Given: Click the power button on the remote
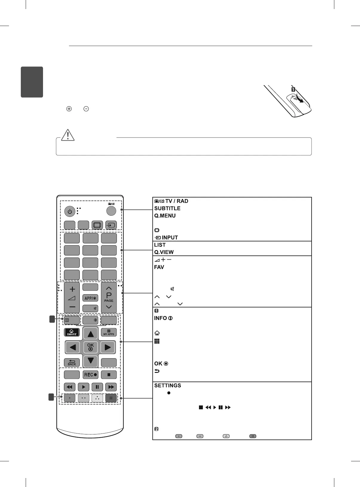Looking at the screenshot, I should [70, 212].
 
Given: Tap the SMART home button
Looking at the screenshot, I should [72, 332].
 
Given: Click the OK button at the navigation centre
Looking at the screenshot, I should [91, 347].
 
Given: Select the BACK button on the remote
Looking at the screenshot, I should [72, 362].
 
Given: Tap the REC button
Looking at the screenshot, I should [91, 375].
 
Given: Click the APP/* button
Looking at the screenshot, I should [91, 298].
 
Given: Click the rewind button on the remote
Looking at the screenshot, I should [70, 387].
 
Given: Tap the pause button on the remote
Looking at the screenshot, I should [97, 387].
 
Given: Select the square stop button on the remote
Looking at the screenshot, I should [109, 375].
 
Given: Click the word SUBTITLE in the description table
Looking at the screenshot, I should [167, 209].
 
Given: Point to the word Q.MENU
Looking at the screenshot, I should [165, 216].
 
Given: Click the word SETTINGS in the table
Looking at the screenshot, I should [168, 386].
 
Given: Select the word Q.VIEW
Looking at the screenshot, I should [164, 252].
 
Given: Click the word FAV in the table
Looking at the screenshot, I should [159, 267].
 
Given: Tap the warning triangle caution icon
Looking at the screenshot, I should [68, 135].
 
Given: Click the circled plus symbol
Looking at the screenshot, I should [69, 109].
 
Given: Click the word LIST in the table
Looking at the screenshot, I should [160, 245].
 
